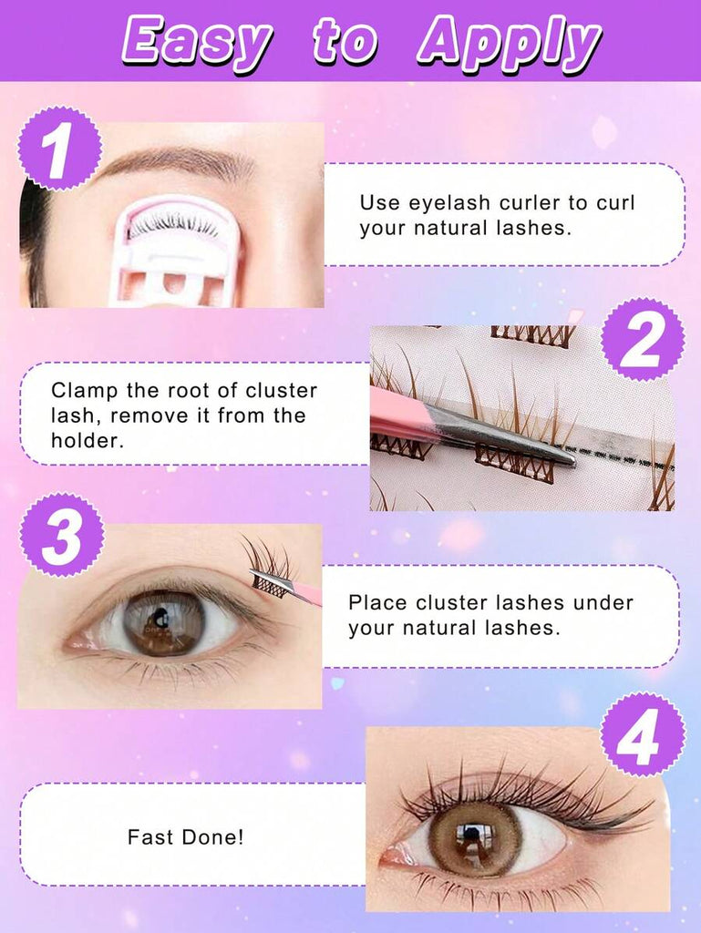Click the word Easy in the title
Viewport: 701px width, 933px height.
click(x=197, y=43)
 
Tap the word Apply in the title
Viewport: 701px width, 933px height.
click(x=509, y=43)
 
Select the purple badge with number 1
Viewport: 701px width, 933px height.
click(x=59, y=149)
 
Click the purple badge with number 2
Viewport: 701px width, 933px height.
click(x=642, y=341)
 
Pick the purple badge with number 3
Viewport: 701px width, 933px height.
click(x=62, y=534)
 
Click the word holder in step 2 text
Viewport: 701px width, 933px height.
click(x=87, y=441)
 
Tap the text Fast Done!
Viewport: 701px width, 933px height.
click(x=186, y=837)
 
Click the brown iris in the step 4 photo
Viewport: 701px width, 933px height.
click(x=476, y=839)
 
